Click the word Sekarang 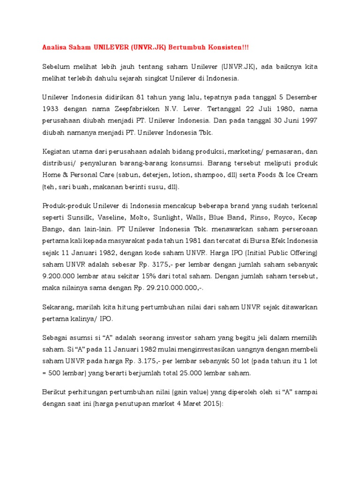[58, 307]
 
